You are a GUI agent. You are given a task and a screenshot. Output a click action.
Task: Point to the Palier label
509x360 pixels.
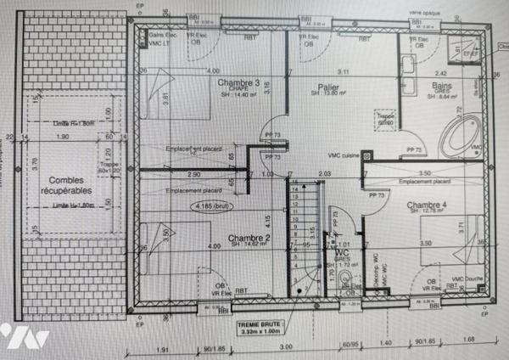[324, 87]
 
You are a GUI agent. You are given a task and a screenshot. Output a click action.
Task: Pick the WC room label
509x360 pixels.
[343, 253]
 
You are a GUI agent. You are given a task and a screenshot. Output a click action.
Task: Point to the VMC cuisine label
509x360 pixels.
[343, 155]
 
